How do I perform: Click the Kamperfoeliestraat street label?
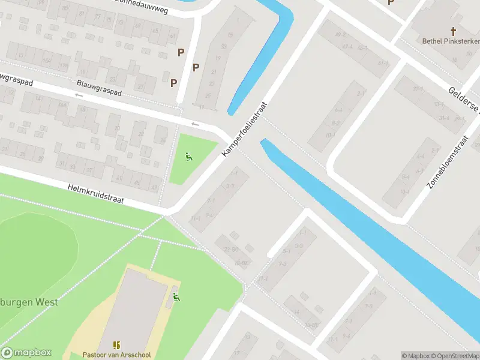244,130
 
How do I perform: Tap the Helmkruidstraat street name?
96,194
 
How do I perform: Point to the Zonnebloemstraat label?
447,163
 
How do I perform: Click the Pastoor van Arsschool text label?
116,355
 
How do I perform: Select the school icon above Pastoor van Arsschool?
116,345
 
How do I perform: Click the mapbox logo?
26,353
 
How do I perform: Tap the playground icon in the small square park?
189,158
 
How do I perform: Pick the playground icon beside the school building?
176,296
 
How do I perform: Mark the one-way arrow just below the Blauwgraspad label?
79,95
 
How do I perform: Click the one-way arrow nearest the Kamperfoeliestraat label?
194,124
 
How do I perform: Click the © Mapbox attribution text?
415,356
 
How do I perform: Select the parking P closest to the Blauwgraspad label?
174,83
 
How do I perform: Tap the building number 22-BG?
231,250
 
